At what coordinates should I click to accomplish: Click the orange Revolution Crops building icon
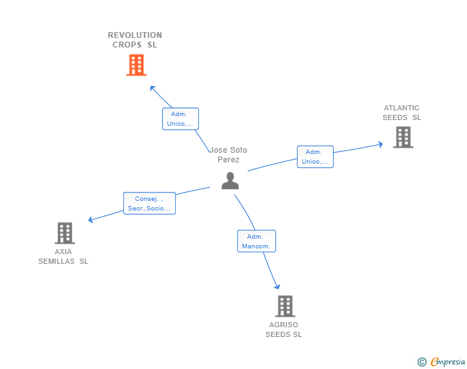click(x=137, y=65)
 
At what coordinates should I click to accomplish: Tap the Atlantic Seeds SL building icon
click(x=403, y=137)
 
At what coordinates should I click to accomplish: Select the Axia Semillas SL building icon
click(x=65, y=233)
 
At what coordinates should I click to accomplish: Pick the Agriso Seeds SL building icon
click(x=285, y=306)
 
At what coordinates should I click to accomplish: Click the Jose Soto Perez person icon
click(x=230, y=180)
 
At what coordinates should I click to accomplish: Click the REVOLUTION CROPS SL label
click(x=135, y=40)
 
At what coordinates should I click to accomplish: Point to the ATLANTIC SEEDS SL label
click(x=402, y=113)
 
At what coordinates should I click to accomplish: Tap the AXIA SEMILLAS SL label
click(x=63, y=256)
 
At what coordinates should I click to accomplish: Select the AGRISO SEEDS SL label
click(x=284, y=329)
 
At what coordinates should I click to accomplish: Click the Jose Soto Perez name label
click(x=228, y=155)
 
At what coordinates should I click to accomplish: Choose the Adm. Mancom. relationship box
click(x=257, y=241)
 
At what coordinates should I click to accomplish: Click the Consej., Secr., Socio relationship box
click(x=149, y=203)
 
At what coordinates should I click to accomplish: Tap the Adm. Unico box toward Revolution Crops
click(x=180, y=119)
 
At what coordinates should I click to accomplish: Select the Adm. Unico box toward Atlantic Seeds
click(x=315, y=157)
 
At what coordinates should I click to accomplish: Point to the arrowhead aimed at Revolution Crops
click(x=153, y=88)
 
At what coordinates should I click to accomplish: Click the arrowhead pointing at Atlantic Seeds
click(x=380, y=144)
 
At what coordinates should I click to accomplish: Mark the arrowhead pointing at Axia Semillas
click(x=91, y=220)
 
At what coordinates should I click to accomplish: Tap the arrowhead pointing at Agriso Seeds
click(x=277, y=287)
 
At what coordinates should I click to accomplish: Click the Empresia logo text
click(x=448, y=361)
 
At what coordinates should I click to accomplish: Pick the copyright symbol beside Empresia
click(x=422, y=362)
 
